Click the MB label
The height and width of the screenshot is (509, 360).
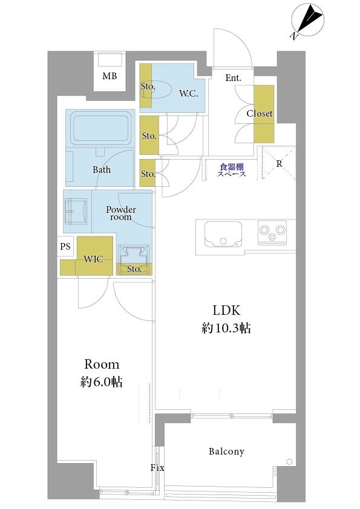pyautogui.click(x=110, y=76)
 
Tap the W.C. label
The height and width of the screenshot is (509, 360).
pyautogui.click(x=188, y=94)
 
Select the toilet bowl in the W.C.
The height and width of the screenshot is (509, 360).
pyautogui.click(x=157, y=90)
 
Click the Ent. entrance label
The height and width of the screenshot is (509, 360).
pyautogui.click(x=234, y=78)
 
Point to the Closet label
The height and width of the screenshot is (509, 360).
pyautogui.click(x=260, y=113)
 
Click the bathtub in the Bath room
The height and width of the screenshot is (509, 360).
pyautogui.click(x=100, y=126)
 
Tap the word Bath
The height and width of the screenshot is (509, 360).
pyautogui.click(x=102, y=169)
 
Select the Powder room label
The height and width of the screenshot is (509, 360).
pyautogui.click(x=121, y=213)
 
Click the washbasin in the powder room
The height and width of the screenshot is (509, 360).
pyautogui.click(x=76, y=212)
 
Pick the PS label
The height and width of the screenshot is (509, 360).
pyautogui.click(x=65, y=247)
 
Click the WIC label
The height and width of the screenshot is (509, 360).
pyautogui.click(x=93, y=259)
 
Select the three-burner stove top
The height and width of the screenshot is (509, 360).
pyautogui.click(x=272, y=233)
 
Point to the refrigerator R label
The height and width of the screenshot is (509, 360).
pyautogui.click(x=279, y=164)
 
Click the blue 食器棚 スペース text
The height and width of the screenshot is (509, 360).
pyautogui.click(x=231, y=170)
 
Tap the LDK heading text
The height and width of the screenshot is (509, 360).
pyautogui.click(x=226, y=311)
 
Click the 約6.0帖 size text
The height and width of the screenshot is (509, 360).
pyautogui.click(x=102, y=382)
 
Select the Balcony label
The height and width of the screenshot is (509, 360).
pyautogui.click(x=226, y=451)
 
